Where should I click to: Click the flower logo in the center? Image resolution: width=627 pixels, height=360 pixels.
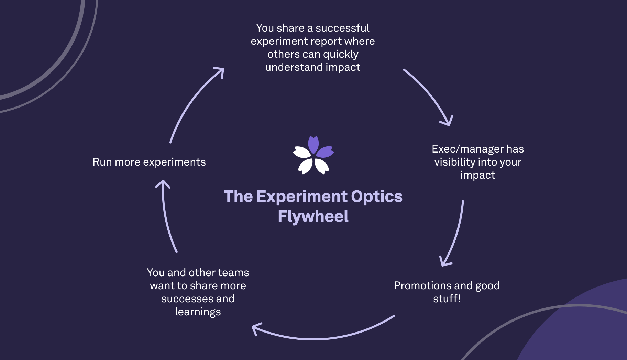pyautogui.click(x=313, y=155)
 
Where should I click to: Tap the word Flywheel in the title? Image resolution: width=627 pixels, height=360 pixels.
pyautogui.click(x=313, y=216)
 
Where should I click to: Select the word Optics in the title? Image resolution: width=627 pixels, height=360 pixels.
pyautogui.click(x=377, y=196)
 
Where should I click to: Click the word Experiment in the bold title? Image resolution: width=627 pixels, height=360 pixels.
pyautogui.click(x=302, y=196)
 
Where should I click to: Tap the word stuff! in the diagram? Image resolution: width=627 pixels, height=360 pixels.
pyautogui.click(x=447, y=299)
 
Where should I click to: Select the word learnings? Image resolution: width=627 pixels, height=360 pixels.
pyautogui.click(x=198, y=312)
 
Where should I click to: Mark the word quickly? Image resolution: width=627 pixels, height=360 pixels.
pyautogui.click(x=341, y=54)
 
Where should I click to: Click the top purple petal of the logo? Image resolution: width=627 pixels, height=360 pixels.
pyautogui.click(x=313, y=144)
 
